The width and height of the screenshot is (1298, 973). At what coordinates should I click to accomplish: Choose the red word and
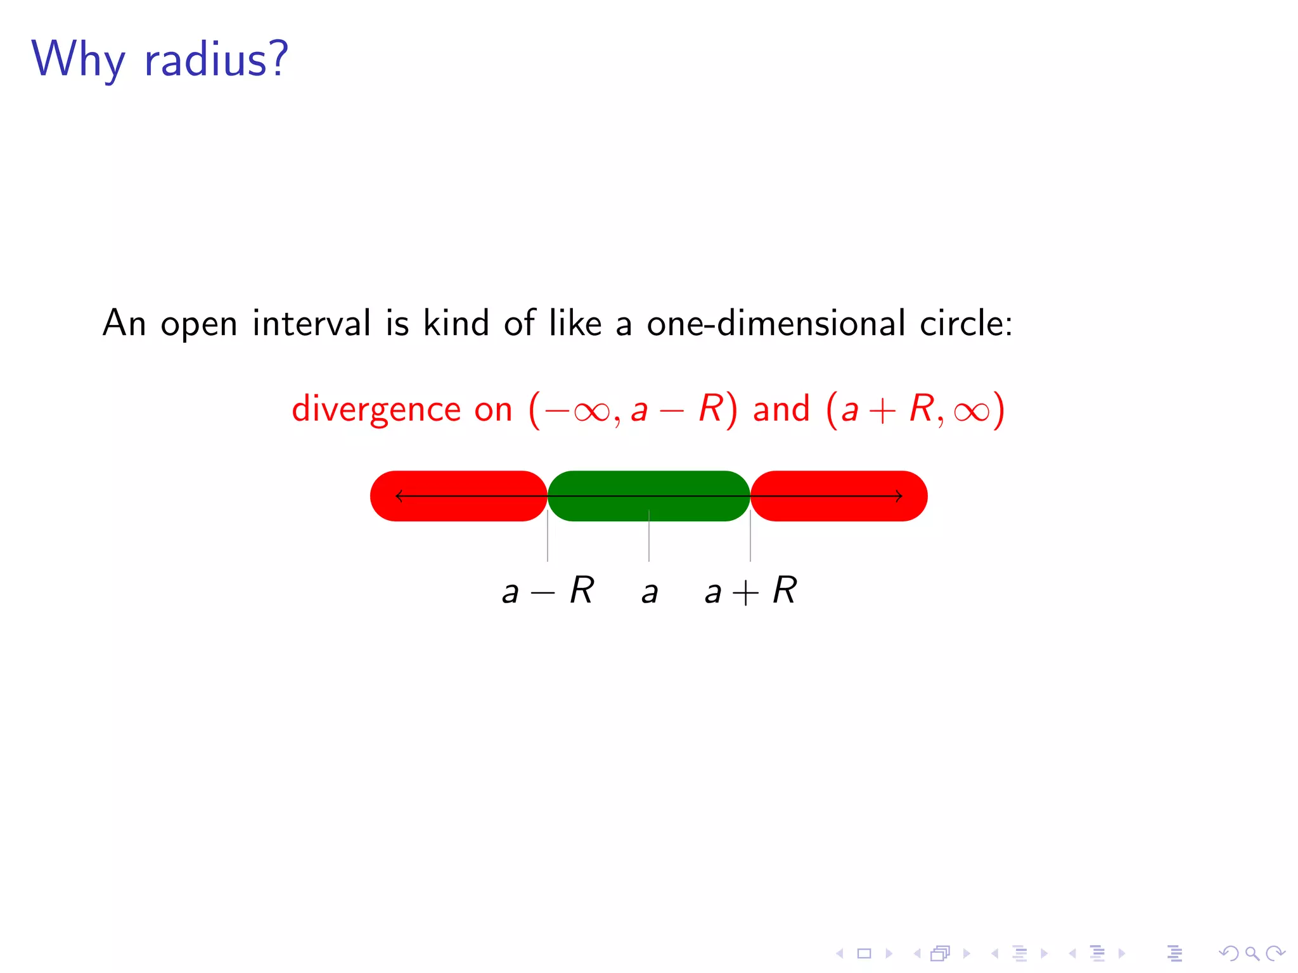click(x=781, y=409)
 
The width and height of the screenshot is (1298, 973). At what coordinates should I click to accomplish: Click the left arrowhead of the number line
click(x=399, y=496)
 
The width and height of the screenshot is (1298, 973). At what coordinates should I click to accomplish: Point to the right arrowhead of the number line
click(x=899, y=496)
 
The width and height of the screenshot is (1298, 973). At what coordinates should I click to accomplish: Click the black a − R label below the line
click(x=548, y=591)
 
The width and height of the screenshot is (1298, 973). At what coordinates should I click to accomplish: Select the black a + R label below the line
click(x=750, y=591)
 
